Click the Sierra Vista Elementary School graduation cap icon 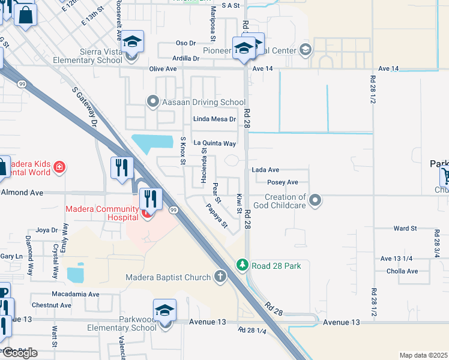click(134, 44)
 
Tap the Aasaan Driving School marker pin click(152, 102)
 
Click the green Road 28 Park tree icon click(242, 265)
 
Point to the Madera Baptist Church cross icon click(220, 277)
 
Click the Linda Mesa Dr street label click(214, 119)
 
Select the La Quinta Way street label click(214, 143)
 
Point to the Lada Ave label click(265, 170)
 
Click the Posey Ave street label click(283, 182)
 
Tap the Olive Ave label click(163, 69)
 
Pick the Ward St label click(405, 229)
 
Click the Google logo click(19, 353)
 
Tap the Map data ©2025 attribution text click(423, 355)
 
